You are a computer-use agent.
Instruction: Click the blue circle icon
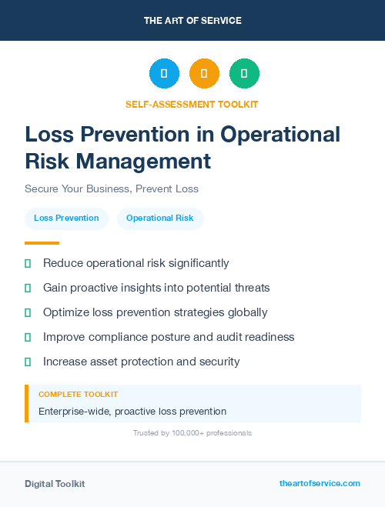click(164, 74)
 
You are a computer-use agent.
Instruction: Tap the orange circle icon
click(204, 74)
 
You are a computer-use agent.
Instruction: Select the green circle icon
click(244, 74)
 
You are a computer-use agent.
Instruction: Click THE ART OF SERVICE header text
click(192, 21)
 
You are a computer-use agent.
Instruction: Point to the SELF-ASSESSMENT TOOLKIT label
click(192, 104)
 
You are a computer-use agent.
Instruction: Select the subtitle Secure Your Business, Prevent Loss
click(112, 188)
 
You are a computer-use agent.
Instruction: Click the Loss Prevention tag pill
click(66, 218)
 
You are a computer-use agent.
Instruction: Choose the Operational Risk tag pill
click(160, 218)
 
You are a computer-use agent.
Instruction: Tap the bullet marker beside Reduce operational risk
click(28, 263)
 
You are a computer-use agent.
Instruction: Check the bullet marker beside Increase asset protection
click(28, 362)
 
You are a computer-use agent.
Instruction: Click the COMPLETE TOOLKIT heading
click(78, 394)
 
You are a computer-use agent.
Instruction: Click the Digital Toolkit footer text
click(55, 484)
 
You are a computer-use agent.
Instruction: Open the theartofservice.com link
click(320, 483)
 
